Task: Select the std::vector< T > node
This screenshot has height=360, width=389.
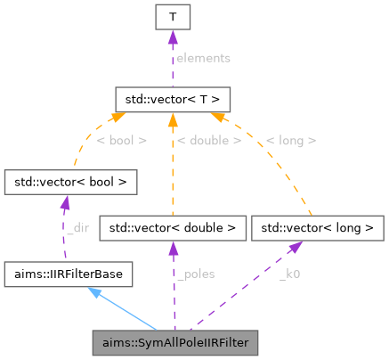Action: [x=173, y=96]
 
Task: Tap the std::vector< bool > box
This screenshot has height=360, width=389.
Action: [x=71, y=183]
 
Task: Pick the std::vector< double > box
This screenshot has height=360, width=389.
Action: [x=173, y=228]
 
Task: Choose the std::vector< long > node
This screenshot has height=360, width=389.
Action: [x=312, y=228]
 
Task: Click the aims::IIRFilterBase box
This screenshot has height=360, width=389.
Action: [x=69, y=274]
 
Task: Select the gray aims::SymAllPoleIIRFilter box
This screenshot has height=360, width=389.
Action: [x=176, y=341]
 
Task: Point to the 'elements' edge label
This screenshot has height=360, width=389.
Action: [x=202, y=57]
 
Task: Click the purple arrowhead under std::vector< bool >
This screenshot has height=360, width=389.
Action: [x=64, y=204]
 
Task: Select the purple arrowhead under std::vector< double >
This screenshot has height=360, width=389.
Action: [x=173, y=250]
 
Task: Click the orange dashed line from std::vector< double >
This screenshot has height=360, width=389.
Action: [x=173, y=169]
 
